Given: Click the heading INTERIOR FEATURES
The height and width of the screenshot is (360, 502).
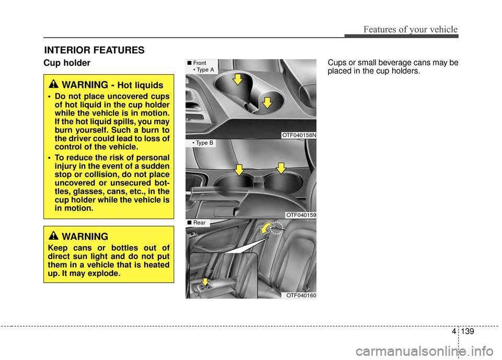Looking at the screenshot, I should [94, 50].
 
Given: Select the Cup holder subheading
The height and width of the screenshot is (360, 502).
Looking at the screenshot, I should [66, 63].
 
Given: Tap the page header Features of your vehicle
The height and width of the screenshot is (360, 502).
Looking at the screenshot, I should [405, 29].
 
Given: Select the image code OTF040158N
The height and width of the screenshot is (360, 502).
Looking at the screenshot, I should [299, 135].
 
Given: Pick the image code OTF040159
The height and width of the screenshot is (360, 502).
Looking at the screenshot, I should [301, 215].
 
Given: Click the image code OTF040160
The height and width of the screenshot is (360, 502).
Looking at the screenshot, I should [301, 295].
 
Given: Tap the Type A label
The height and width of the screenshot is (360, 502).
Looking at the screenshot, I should [203, 69].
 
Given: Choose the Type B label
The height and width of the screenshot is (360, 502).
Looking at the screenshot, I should [203, 143].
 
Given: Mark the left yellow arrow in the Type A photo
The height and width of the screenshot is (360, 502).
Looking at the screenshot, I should [237, 79].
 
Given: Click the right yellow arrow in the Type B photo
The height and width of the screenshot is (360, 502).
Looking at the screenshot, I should [280, 168].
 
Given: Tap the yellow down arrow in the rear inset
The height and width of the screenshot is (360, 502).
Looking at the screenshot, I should [205, 283].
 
